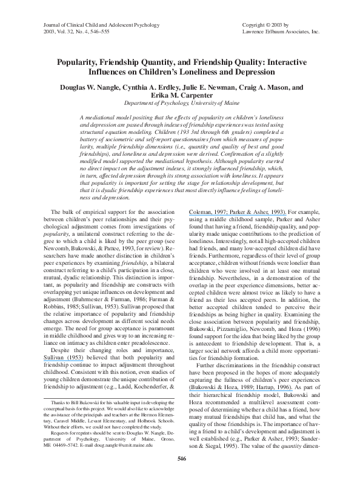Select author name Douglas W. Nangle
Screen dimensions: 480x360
[x=89, y=87]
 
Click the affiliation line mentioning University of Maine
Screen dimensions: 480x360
[x=180, y=104]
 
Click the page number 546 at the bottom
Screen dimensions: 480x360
[x=180, y=458]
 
